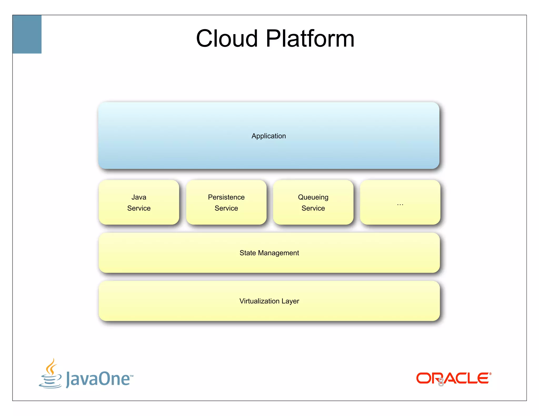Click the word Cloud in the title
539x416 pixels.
[227, 39]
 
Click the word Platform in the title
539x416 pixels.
[310, 39]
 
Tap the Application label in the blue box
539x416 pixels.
[268, 136]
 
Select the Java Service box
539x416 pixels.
[139, 202]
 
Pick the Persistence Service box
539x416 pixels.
[226, 202]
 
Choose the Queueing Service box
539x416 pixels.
[313, 202]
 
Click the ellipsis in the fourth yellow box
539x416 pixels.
[400, 204]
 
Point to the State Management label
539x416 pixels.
[269, 253]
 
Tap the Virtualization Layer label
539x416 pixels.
[269, 301]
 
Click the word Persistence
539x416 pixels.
[226, 197]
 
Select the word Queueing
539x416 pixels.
[313, 197]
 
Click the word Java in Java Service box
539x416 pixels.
[139, 197]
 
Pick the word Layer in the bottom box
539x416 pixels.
[290, 301]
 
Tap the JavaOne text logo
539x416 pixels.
[98, 379]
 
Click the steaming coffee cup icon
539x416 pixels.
[51, 374]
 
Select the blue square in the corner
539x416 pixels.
[27, 34]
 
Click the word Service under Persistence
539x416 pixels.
[226, 208]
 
